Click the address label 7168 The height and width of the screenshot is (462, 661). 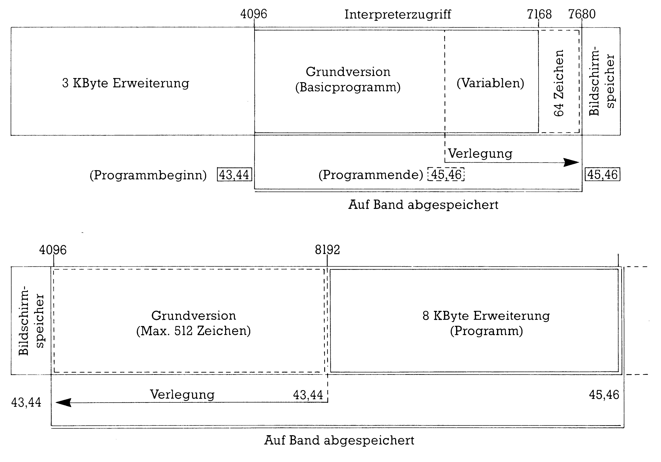point(539,14)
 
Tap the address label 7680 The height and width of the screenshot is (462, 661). point(582,14)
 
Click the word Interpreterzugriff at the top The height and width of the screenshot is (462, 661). point(398,14)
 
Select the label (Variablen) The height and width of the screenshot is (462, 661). point(490,83)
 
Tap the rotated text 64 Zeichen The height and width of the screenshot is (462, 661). point(558,83)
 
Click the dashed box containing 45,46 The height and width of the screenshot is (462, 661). point(446,174)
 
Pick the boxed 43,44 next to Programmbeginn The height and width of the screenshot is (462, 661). point(234,174)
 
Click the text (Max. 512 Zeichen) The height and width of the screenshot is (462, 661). point(193,331)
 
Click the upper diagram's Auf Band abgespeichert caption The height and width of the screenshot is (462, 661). point(423,205)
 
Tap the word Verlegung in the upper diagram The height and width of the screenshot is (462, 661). point(480,154)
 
